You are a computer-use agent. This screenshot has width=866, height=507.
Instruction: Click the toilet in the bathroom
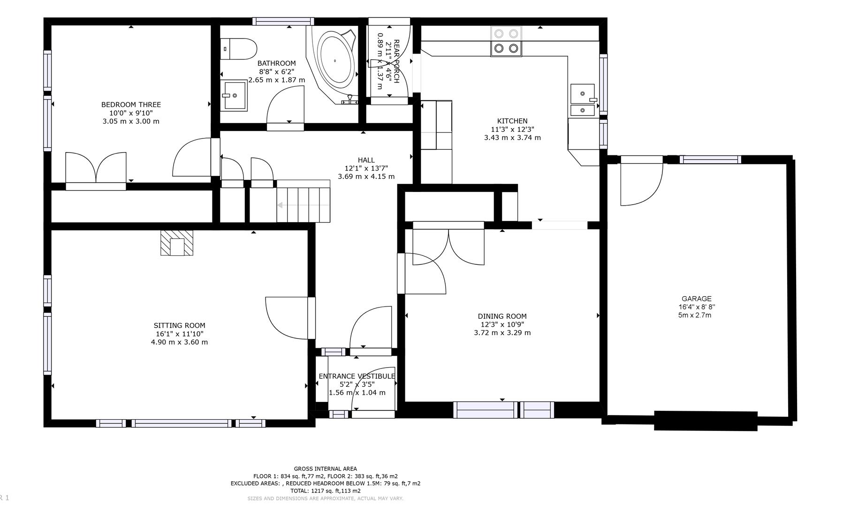pos(239,48)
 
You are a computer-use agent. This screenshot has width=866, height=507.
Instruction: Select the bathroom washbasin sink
pos(234,95)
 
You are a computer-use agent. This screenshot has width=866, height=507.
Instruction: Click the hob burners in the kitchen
pos(506,41)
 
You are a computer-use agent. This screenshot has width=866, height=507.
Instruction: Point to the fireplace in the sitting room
pos(177,243)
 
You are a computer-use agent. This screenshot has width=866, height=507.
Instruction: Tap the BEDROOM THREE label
pos(131,105)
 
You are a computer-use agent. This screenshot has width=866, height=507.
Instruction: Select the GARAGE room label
pos(696,299)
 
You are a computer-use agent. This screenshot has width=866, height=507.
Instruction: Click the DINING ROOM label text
pos(502,316)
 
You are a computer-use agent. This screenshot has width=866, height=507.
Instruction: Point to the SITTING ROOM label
pos(179,325)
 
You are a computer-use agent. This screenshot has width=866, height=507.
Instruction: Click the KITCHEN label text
pos(512,121)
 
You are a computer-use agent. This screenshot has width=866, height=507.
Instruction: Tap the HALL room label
pos(366,160)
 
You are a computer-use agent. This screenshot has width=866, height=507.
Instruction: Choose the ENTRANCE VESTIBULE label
pos(357,376)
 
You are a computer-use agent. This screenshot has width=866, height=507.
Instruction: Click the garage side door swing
pos(641,184)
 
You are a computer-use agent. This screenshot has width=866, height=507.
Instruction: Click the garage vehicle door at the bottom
pos(706,421)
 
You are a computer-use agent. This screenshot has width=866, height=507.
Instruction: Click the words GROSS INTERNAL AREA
pos(325,469)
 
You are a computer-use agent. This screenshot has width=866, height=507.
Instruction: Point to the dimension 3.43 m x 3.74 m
pos(512,138)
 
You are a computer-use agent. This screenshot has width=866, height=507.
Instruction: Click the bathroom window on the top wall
pos(283,21)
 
